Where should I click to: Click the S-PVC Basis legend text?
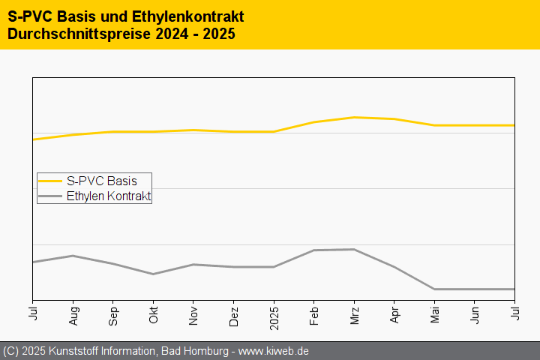(x=101, y=181)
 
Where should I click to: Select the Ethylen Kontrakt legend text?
(x=109, y=196)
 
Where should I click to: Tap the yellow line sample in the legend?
(x=50, y=181)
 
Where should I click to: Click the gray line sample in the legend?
(x=50, y=196)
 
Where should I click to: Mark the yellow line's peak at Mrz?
(x=354, y=117)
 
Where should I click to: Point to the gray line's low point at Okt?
(x=154, y=274)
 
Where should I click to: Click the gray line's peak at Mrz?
(x=354, y=249)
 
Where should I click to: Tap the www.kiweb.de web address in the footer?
(x=274, y=351)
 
